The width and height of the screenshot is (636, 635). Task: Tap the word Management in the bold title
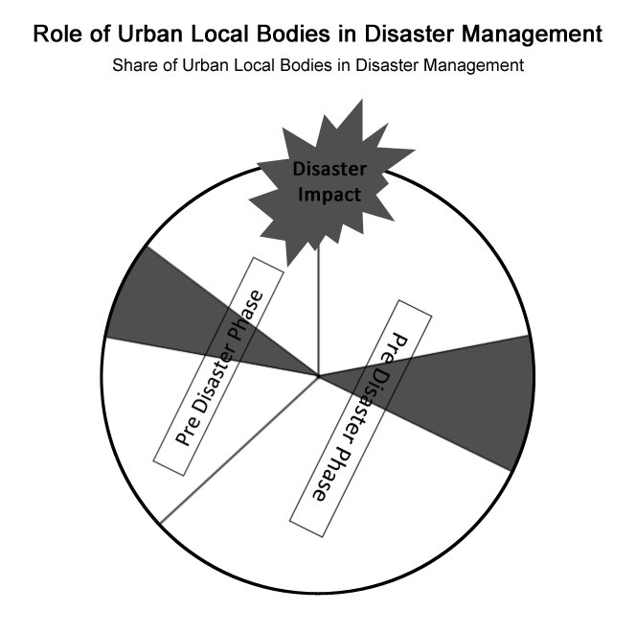[x=532, y=35]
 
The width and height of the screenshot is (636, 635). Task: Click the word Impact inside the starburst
[x=329, y=195]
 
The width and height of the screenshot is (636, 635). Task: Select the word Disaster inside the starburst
[x=329, y=169]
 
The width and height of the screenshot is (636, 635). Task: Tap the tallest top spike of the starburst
[x=361, y=100]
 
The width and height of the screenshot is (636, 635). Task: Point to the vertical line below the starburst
[x=318, y=311]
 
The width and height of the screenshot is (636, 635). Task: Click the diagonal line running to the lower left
[x=239, y=450]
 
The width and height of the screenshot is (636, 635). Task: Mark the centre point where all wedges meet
[x=319, y=377]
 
